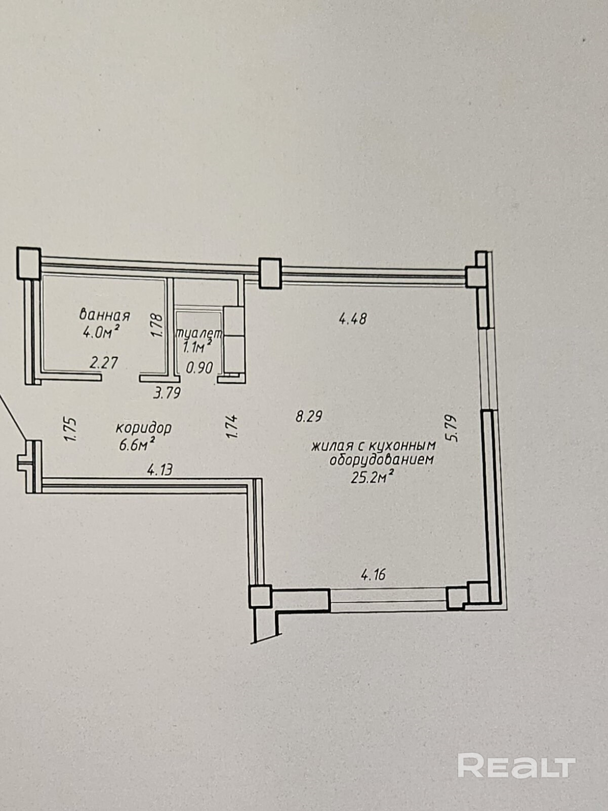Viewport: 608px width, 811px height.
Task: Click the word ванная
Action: coord(105,315)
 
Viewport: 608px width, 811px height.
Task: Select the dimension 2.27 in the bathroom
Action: coord(103,363)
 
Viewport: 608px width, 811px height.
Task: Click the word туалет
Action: coord(199,334)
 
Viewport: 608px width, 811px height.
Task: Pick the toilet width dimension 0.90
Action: coord(199,367)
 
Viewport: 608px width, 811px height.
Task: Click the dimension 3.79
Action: coord(167,393)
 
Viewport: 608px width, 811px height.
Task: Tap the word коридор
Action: coord(144,428)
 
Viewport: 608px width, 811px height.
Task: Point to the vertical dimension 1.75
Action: coord(70,429)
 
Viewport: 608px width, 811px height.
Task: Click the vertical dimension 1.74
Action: coord(232,426)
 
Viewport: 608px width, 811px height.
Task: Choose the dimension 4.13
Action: coord(159,470)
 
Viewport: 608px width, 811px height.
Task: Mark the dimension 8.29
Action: coord(309,417)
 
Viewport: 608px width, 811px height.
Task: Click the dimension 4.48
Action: coord(352,319)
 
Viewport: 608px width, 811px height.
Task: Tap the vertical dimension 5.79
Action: coord(452,429)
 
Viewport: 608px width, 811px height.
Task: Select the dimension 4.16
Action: coord(373,575)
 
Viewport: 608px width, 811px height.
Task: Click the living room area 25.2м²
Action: coord(373,477)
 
